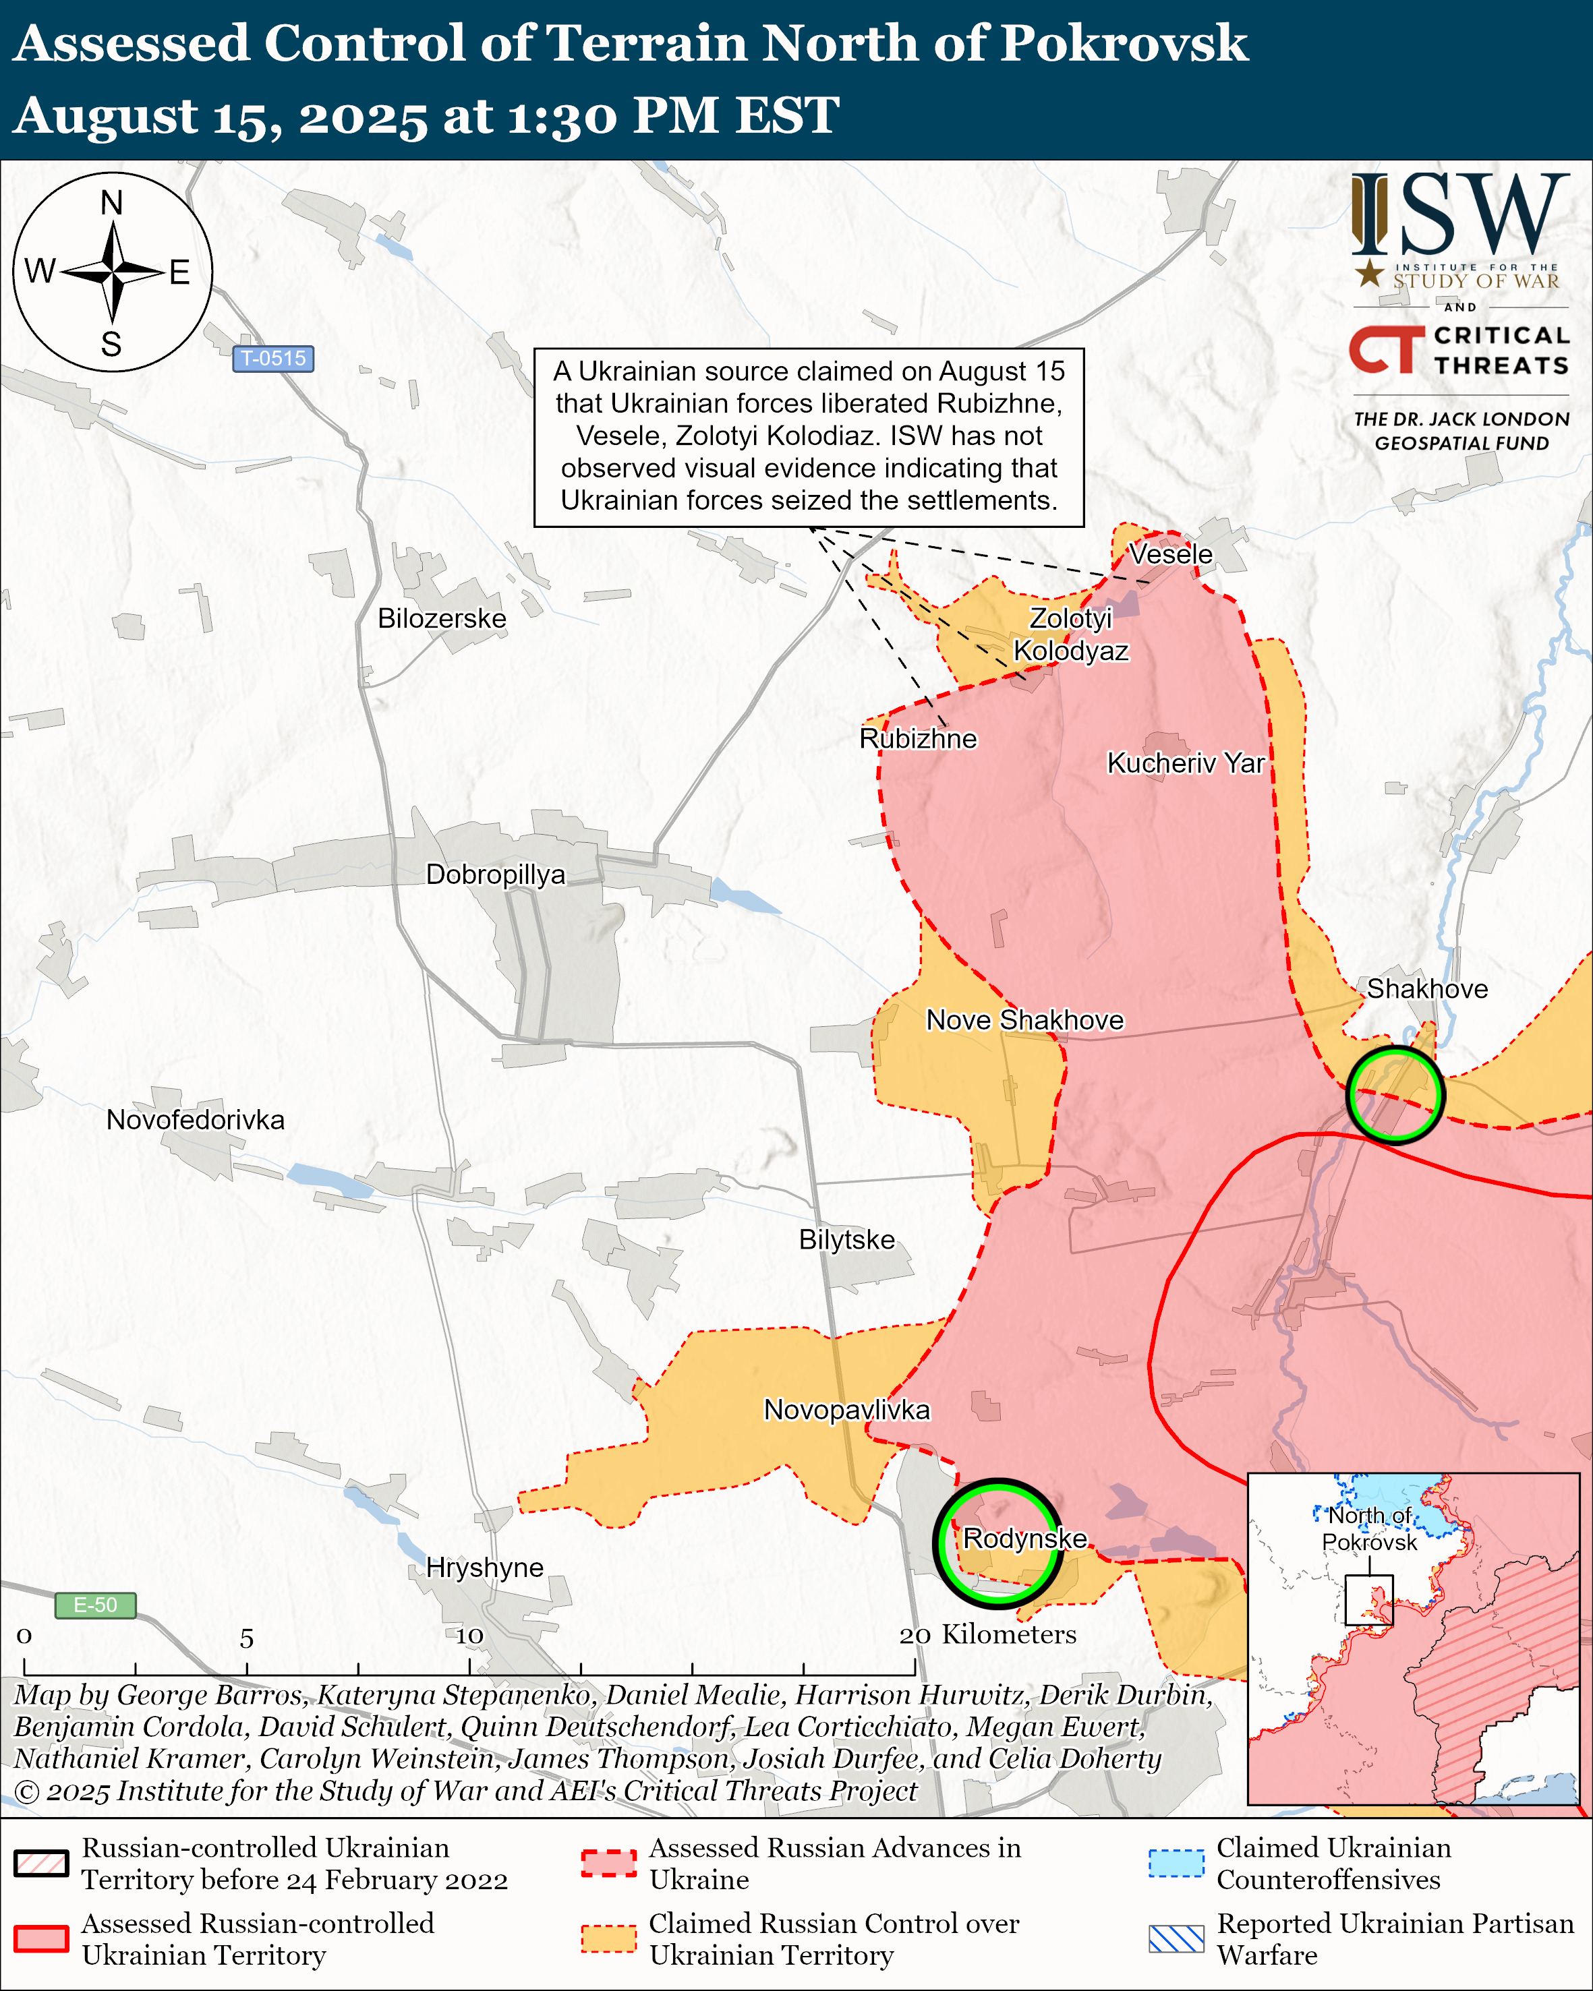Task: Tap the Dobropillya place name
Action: tap(495, 874)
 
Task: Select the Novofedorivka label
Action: tap(195, 1119)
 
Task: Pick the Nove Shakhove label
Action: tap(1024, 1019)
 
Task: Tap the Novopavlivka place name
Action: tap(846, 1409)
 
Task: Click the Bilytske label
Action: tap(846, 1239)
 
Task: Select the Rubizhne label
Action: tap(917, 739)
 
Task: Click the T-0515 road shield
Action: tap(272, 358)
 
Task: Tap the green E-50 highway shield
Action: tap(95, 1605)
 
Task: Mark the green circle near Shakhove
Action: tap(1395, 1048)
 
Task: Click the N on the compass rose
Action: tap(112, 202)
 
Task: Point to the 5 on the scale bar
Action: tap(247, 1639)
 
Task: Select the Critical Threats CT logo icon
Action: tap(1386, 349)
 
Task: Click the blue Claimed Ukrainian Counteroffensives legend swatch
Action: tap(1176, 1864)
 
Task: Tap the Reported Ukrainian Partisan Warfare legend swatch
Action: tap(1176, 1938)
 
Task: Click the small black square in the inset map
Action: tap(1368, 1599)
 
